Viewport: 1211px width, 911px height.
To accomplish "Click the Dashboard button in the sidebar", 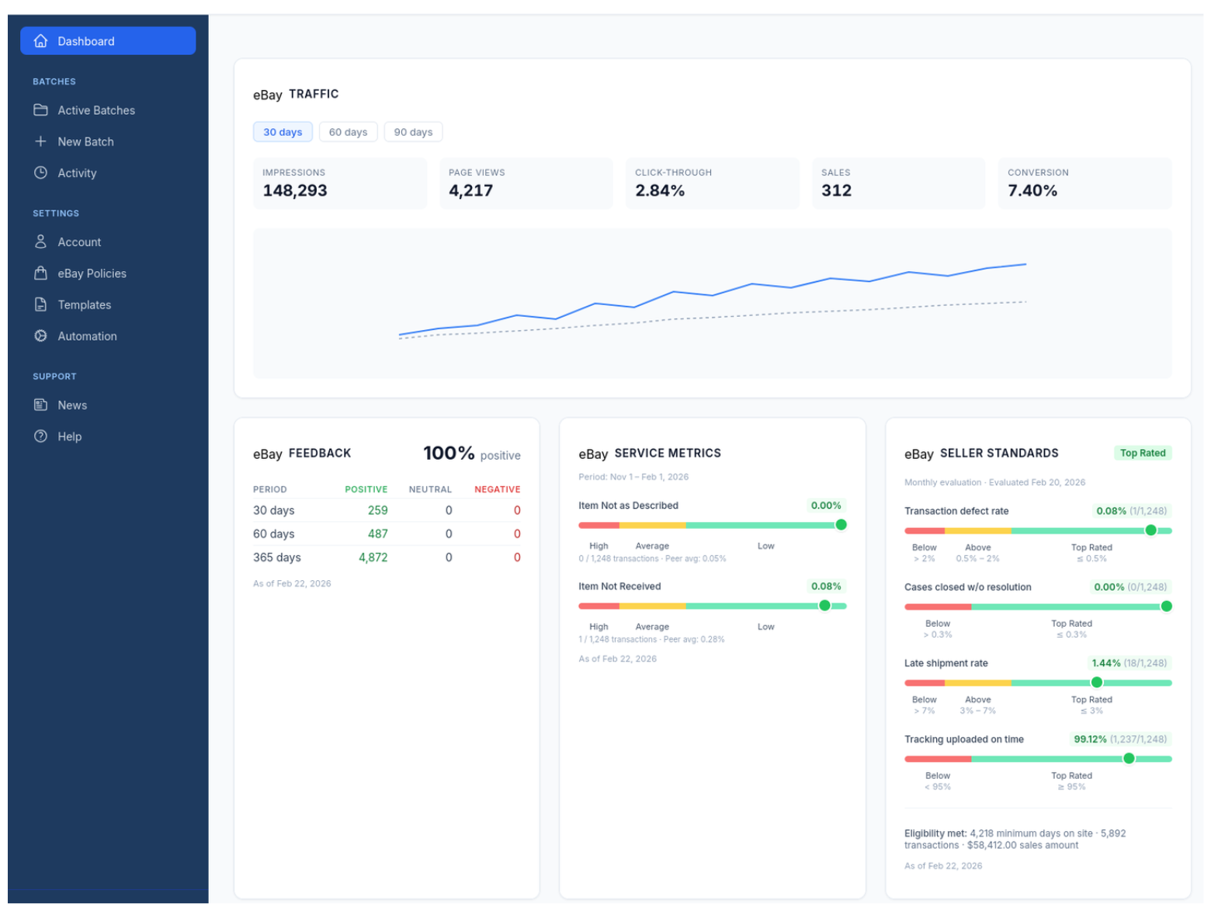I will [x=107, y=41].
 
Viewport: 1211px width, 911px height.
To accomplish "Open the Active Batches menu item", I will [x=95, y=110].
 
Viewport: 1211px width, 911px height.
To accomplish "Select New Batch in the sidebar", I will [x=85, y=141].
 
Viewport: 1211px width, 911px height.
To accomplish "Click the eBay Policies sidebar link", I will [x=92, y=273].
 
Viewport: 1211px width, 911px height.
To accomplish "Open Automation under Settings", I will [x=87, y=336].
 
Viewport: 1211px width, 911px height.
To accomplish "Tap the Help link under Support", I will [x=69, y=436].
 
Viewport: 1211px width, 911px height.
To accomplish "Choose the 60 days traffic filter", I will [x=348, y=132].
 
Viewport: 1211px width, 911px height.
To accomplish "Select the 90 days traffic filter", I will [x=413, y=132].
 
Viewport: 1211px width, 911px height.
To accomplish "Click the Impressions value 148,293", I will [x=295, y=190].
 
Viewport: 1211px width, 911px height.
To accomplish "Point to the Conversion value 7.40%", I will [x=1032, y=190].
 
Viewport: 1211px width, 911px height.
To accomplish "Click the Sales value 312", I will [x=836, y=190].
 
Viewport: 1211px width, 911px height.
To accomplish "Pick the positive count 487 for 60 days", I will [x=377, y=534].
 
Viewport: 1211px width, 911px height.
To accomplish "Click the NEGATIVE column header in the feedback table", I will [x=497, y=489].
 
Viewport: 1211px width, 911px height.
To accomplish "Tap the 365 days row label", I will [x=276, y=558].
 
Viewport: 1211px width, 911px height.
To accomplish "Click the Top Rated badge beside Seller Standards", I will [x=1142, y=453].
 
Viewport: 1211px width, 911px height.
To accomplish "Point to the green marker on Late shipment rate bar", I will [x=1096, y=683].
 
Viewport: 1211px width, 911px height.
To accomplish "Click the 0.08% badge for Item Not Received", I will [x=826, y=586].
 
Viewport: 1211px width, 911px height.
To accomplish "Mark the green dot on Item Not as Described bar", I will [x=841, y=525].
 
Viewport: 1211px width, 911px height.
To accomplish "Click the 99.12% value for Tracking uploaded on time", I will [x=1090, y=739].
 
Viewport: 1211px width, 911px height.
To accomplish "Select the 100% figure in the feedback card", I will [x=448, y=453].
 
